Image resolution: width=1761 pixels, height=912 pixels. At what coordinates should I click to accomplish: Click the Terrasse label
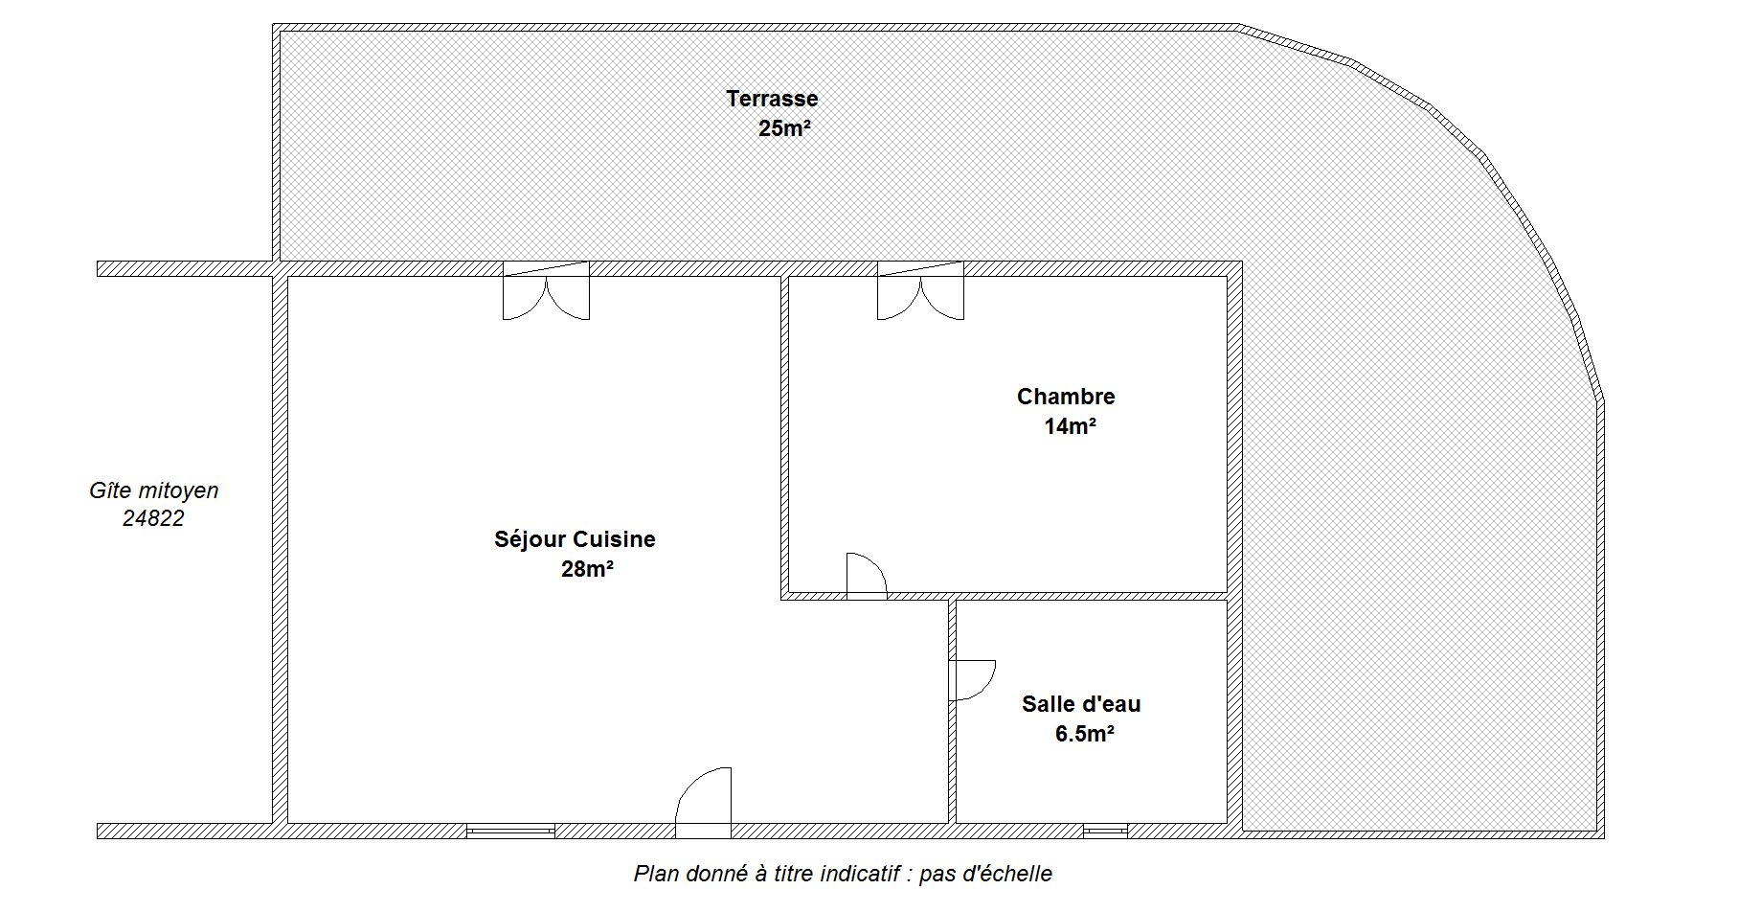[x=772, y=99]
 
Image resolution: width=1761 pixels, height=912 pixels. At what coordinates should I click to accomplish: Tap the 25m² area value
[x=785, y=128]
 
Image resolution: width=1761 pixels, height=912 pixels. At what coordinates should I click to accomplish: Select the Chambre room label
[x=1066, y=397]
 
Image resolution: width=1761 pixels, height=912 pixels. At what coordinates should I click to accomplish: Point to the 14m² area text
[x=1070, y=427]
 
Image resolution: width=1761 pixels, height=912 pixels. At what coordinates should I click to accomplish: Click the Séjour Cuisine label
[x=575, y=540]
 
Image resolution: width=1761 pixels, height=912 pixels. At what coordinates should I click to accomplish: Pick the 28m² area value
[x=587, y=570]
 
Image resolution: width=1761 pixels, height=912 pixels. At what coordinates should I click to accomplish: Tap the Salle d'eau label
[x=1081, y=705]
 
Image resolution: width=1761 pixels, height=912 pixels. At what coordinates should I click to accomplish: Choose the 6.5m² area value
[x=1084, y=735]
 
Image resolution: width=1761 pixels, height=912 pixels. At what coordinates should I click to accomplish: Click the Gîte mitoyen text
[x=154, y=490]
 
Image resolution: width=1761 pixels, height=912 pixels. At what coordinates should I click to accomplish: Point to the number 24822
[x=153, y=519]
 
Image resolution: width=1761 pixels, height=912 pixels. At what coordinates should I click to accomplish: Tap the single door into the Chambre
[x=868, y=576]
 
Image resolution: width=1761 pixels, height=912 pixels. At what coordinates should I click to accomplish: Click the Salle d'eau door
[x=972, y=681]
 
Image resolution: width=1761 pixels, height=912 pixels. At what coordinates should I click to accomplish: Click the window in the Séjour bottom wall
[x=510, y=832]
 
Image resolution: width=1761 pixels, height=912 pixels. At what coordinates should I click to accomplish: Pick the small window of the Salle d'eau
[x=1105, y=832]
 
